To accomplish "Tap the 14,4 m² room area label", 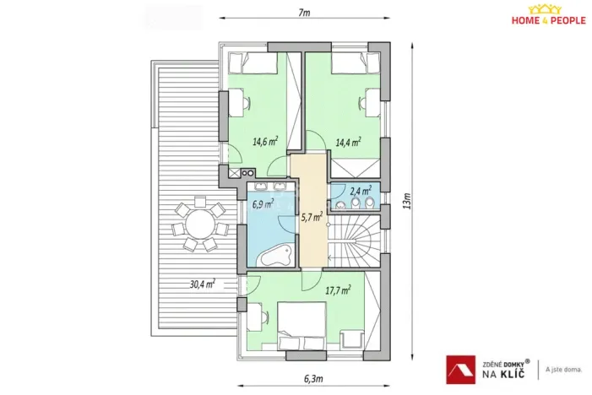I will [x=348, y=142].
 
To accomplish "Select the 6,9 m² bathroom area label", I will [x=262, y=204].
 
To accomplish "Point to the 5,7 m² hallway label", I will [x=311, y=217].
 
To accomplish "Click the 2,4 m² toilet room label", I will [x=361, y=191].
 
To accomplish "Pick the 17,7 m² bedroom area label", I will [x=338, y=289].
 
